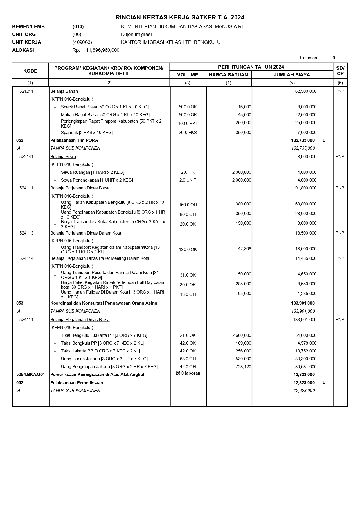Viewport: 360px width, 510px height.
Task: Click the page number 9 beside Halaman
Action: click(334, 58)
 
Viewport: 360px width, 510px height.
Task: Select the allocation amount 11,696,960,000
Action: click(102, 50)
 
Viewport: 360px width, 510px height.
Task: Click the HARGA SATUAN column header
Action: click(228, 75)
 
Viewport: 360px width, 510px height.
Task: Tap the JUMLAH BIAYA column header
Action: click(292, 75)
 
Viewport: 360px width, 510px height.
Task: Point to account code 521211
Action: click(26, 91)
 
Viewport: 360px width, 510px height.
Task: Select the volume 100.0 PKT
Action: click(188, 124)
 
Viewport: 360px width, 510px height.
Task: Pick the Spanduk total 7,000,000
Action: click(307, 133)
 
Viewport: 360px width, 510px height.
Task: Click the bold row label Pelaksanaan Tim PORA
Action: click(74, 140)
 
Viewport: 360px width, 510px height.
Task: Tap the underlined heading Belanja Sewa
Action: click(63, 157)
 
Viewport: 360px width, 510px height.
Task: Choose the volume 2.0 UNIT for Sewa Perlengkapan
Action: click(188, 180)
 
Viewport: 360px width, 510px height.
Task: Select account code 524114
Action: click(26, 258)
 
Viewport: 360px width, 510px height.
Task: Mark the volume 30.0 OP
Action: click(188, 285)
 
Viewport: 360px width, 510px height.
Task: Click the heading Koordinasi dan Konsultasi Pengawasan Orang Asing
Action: click(104, 303)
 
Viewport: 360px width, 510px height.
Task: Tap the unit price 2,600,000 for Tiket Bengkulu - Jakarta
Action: click(242, 335)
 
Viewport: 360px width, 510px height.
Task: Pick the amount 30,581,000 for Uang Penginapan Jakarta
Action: click(306, 367)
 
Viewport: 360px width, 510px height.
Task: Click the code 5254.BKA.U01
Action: click(30, 375)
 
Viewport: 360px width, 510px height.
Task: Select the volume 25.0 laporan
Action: click(188, 373)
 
